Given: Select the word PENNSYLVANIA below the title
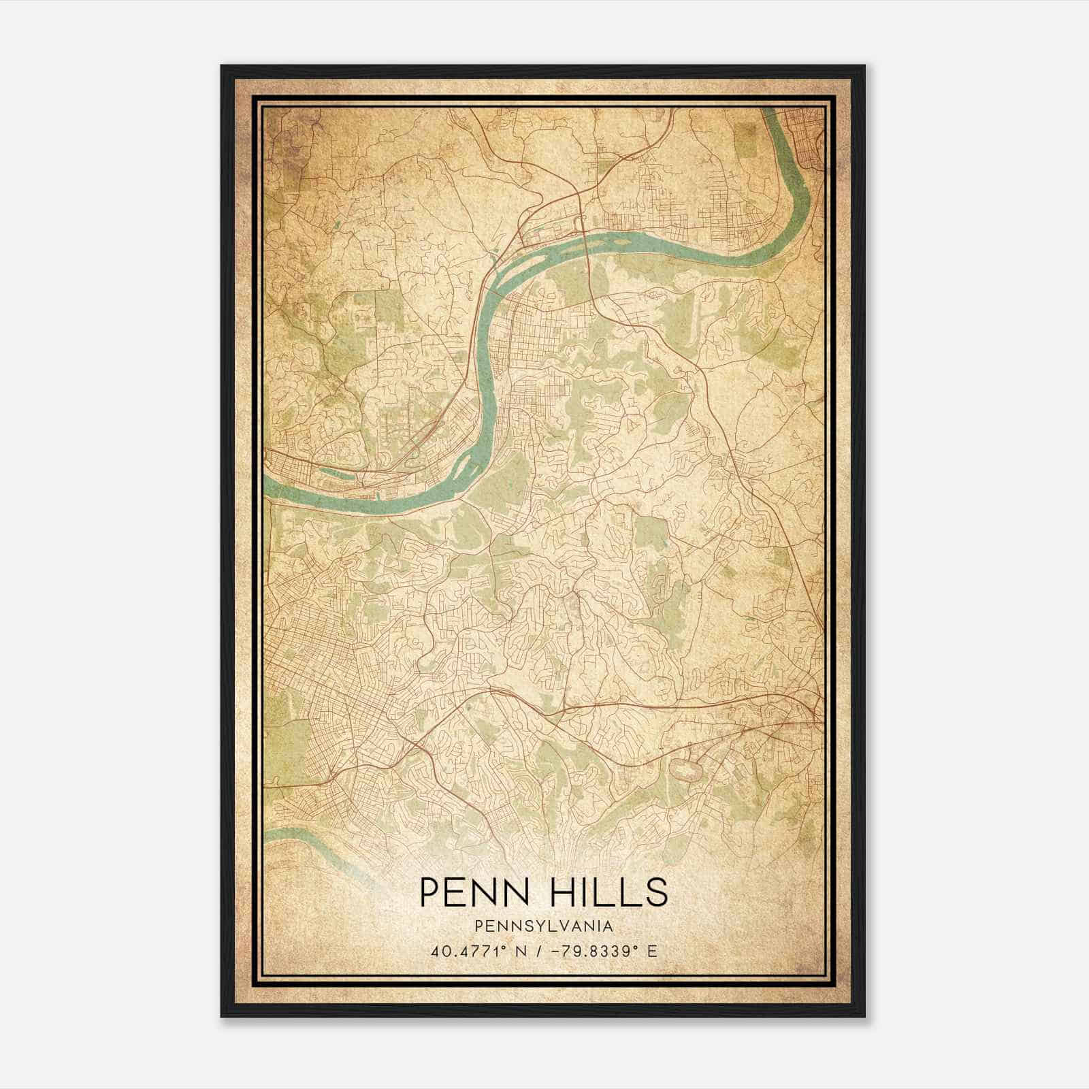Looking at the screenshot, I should [x=544, y=926].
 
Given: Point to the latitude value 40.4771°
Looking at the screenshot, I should [x=462, y=952].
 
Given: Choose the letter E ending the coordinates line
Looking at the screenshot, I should [x=652, y=952].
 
